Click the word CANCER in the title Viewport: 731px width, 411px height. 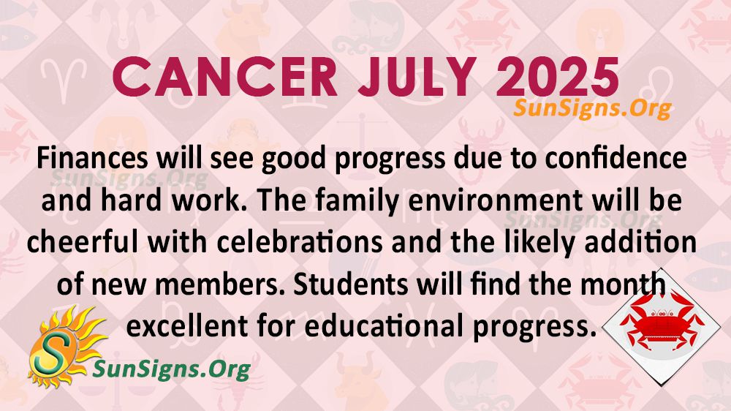tap(224, 78)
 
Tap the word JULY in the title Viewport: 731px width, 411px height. tap(417, 78)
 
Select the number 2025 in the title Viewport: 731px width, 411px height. tap(558, 78)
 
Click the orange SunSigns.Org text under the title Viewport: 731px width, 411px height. tap(592, 108)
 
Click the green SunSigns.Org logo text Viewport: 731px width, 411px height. tap(172, 370)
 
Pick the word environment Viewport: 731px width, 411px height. tap(495, 200)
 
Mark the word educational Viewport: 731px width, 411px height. tap(385, 326)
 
